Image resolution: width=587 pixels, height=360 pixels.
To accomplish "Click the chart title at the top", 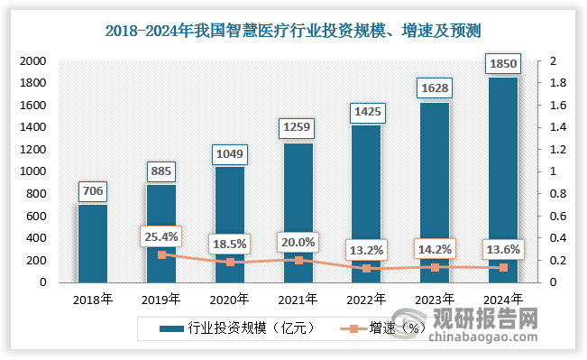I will [293, 32].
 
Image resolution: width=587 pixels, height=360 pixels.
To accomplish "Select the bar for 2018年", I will [92, 243].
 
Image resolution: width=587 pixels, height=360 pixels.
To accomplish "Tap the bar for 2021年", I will [298, 212].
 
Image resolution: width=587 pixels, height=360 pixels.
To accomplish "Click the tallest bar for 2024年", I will [502, 180].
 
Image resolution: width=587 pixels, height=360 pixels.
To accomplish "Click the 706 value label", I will [92, 190].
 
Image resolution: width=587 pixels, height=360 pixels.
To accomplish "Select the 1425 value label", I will [365, 112].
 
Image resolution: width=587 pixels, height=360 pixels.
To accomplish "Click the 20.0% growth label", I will [298, 243].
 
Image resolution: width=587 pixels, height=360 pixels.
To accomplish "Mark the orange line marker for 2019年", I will [161, 254].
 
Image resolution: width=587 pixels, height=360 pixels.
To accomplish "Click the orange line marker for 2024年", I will [502, 267].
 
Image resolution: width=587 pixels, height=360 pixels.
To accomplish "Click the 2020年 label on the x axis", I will [230, 300].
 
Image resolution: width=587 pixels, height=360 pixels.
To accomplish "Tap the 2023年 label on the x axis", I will [434, 300].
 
